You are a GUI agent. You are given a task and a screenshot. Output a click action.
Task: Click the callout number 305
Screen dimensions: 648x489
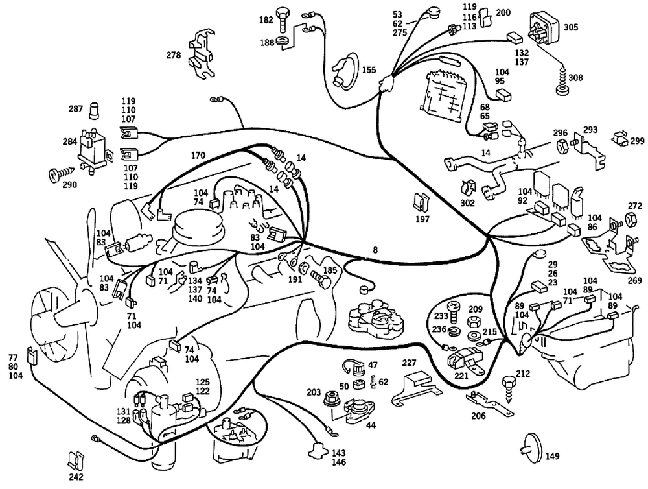(571, 27)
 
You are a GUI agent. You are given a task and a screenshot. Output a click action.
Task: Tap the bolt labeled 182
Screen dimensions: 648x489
(283, 19)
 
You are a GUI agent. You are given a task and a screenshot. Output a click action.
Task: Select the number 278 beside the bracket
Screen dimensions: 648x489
(174, 55)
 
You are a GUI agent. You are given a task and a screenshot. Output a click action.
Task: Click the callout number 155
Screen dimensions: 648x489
(369, 70)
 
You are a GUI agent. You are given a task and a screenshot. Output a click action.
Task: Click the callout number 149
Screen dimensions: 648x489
(552, 456)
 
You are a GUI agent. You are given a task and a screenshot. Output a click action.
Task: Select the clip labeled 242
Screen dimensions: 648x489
(75, 460)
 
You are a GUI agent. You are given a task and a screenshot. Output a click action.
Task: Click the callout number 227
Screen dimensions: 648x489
(409, 363)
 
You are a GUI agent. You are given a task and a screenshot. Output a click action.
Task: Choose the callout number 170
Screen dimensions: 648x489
(198, 156)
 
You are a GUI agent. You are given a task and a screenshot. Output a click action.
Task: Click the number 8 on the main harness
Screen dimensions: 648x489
(375, 250)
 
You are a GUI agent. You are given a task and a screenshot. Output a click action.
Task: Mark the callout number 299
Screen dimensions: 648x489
(637, 141)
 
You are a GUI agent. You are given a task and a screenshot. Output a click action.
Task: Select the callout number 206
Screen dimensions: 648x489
(478, 416)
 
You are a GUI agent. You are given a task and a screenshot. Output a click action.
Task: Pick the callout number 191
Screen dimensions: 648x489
(295, 279)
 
